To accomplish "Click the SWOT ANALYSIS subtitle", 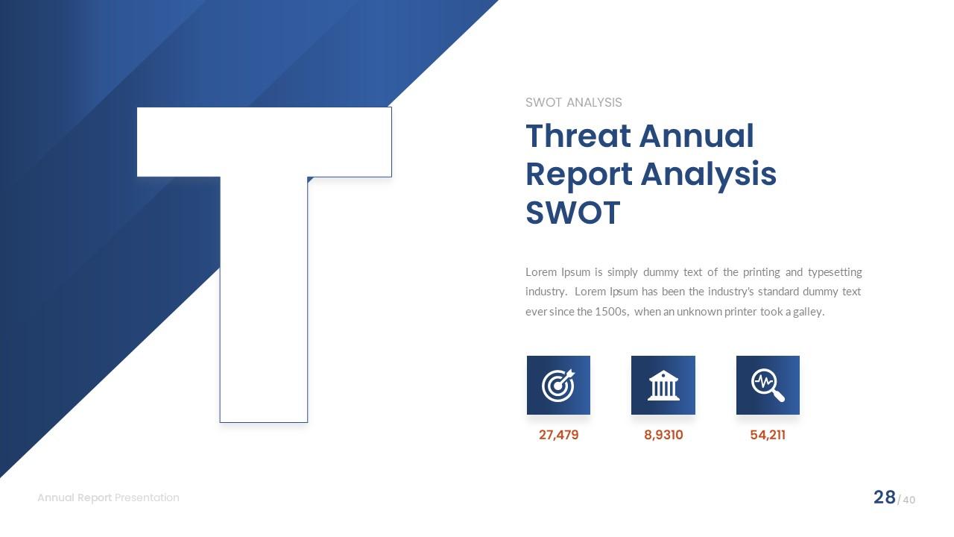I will point(573,102).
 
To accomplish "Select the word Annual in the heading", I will point(696,136).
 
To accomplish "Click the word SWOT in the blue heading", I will point(572,213).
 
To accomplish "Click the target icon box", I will point(558,385).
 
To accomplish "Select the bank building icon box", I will point(663,385).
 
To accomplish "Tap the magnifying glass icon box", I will point(768,385).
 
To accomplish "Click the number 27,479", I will point(558,435).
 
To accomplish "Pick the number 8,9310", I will point(663,435).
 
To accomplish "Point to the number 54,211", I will point(768,435).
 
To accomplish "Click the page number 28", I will point(884,497).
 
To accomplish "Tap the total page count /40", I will point(907,500).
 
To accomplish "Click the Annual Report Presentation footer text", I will point(108,497).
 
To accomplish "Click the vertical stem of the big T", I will point(264,313).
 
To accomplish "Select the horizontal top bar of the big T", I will point(264,142).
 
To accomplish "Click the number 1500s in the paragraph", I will point(611,312).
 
